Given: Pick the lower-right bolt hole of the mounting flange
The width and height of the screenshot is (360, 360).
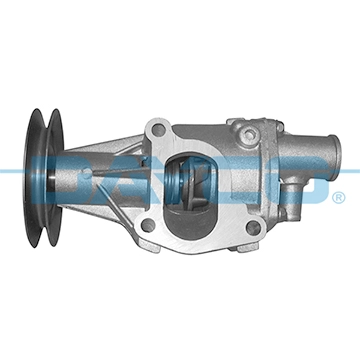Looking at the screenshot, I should coord(251,228).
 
